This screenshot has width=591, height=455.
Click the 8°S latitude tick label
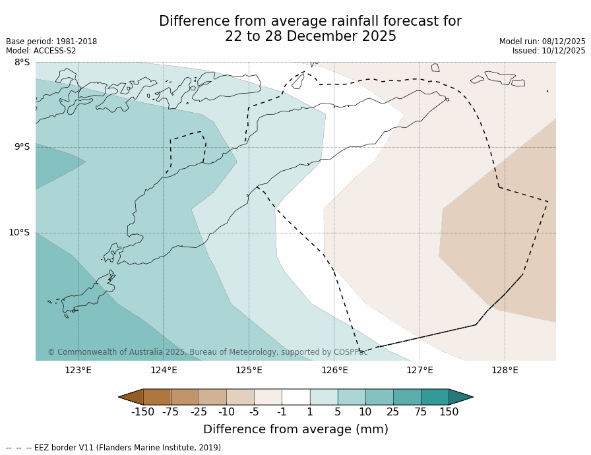22,63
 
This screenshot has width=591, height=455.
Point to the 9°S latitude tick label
22,147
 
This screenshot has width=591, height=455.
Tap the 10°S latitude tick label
19,232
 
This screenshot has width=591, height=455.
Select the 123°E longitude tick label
78,370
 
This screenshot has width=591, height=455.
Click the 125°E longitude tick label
249,370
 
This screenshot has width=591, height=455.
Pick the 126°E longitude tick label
334,370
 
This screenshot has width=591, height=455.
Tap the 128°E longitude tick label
505,370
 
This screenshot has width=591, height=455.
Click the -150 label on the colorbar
142,412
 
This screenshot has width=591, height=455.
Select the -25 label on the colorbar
199,412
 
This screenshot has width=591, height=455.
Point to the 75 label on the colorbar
421,412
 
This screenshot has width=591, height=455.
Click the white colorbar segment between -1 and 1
295,396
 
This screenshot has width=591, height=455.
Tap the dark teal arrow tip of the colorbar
461,396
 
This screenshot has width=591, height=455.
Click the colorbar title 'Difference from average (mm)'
295,429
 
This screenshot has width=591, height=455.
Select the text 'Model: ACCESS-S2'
41,51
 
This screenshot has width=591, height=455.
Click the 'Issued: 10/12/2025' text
549,51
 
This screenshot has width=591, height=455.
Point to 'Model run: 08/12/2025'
542,42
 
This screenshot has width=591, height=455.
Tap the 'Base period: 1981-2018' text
51,42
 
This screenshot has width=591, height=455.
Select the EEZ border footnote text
115,448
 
